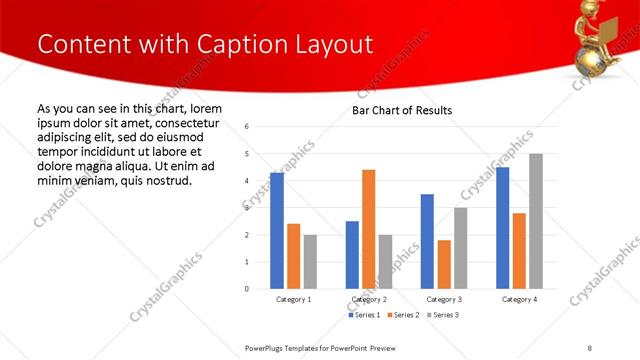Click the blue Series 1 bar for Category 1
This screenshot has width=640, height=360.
point(277,231)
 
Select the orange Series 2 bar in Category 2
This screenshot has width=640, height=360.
point(368,229)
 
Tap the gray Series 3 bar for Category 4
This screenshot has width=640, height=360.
point(535,221)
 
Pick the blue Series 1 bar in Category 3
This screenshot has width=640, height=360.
point(427,241)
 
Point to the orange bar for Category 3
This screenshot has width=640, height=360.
point(443,264)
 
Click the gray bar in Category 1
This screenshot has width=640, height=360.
point(310,261)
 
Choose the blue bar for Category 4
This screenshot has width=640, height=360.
point(502,228)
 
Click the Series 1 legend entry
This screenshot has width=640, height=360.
point(363,315)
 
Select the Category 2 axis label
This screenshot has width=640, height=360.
point(369,299)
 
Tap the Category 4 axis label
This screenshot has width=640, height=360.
point(518,299)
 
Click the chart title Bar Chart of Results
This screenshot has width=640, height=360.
point(402,110)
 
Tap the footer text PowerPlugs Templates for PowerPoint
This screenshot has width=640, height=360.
point(321,347)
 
